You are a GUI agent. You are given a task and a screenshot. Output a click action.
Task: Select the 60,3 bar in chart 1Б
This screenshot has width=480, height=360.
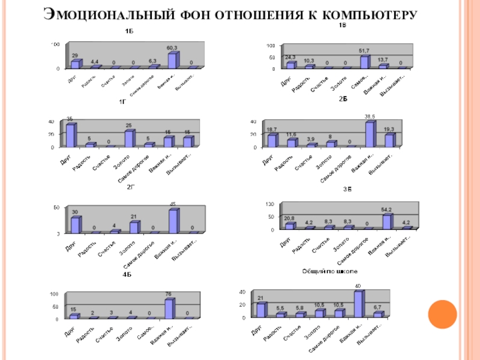172,61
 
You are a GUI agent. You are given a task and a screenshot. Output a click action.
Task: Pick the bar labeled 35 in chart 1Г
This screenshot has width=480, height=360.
71,135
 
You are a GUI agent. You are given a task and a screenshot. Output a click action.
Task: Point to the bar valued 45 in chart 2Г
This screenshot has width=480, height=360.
173,221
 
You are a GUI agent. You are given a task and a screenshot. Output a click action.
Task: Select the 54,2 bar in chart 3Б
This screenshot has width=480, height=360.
387,221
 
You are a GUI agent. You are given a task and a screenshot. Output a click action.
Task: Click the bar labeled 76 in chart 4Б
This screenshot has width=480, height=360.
170,308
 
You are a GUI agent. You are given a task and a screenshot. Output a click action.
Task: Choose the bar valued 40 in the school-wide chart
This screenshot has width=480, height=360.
359,304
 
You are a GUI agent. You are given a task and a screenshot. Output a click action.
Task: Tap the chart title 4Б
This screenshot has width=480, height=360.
127,274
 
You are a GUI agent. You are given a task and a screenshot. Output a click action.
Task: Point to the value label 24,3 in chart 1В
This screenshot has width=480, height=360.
290,57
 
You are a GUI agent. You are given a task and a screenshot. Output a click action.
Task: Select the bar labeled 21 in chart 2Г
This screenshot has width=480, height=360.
134,227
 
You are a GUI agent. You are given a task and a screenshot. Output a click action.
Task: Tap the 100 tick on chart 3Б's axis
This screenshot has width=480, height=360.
271,204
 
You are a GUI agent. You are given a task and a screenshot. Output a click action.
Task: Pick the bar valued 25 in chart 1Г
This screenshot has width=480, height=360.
129,138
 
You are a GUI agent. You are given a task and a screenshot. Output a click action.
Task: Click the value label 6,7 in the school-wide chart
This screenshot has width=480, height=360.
377,308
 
